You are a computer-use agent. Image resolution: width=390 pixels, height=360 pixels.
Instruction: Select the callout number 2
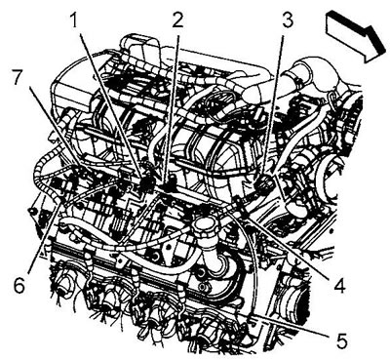pyautogui.click(x=177, y=20)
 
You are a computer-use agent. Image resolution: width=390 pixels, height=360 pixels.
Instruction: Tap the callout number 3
pyautogui.click(x=288, y=20)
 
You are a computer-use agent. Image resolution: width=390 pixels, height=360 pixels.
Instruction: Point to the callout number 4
pyautogui.click(x=339, y=285)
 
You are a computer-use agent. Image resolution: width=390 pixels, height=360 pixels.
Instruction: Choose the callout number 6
pyautogui.click(x=19, y=285)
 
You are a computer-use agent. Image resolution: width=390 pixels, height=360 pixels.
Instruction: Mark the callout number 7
pyautogui.click(x=19, y=77)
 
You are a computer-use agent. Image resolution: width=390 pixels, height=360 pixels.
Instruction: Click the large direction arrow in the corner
pyautogui.click(x=356, y=34)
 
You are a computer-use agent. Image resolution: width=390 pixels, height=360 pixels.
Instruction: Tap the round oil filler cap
pyautogui.click(x=204, y=225)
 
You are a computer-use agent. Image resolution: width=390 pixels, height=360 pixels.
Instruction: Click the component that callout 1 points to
pyautogui.click(x=147, y=183)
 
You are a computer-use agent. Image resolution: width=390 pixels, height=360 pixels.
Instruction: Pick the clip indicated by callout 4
pyautogui.click(x=241, y=208)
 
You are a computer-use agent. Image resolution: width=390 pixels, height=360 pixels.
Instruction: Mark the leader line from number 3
pyautogui.click(x=274, y=104)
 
